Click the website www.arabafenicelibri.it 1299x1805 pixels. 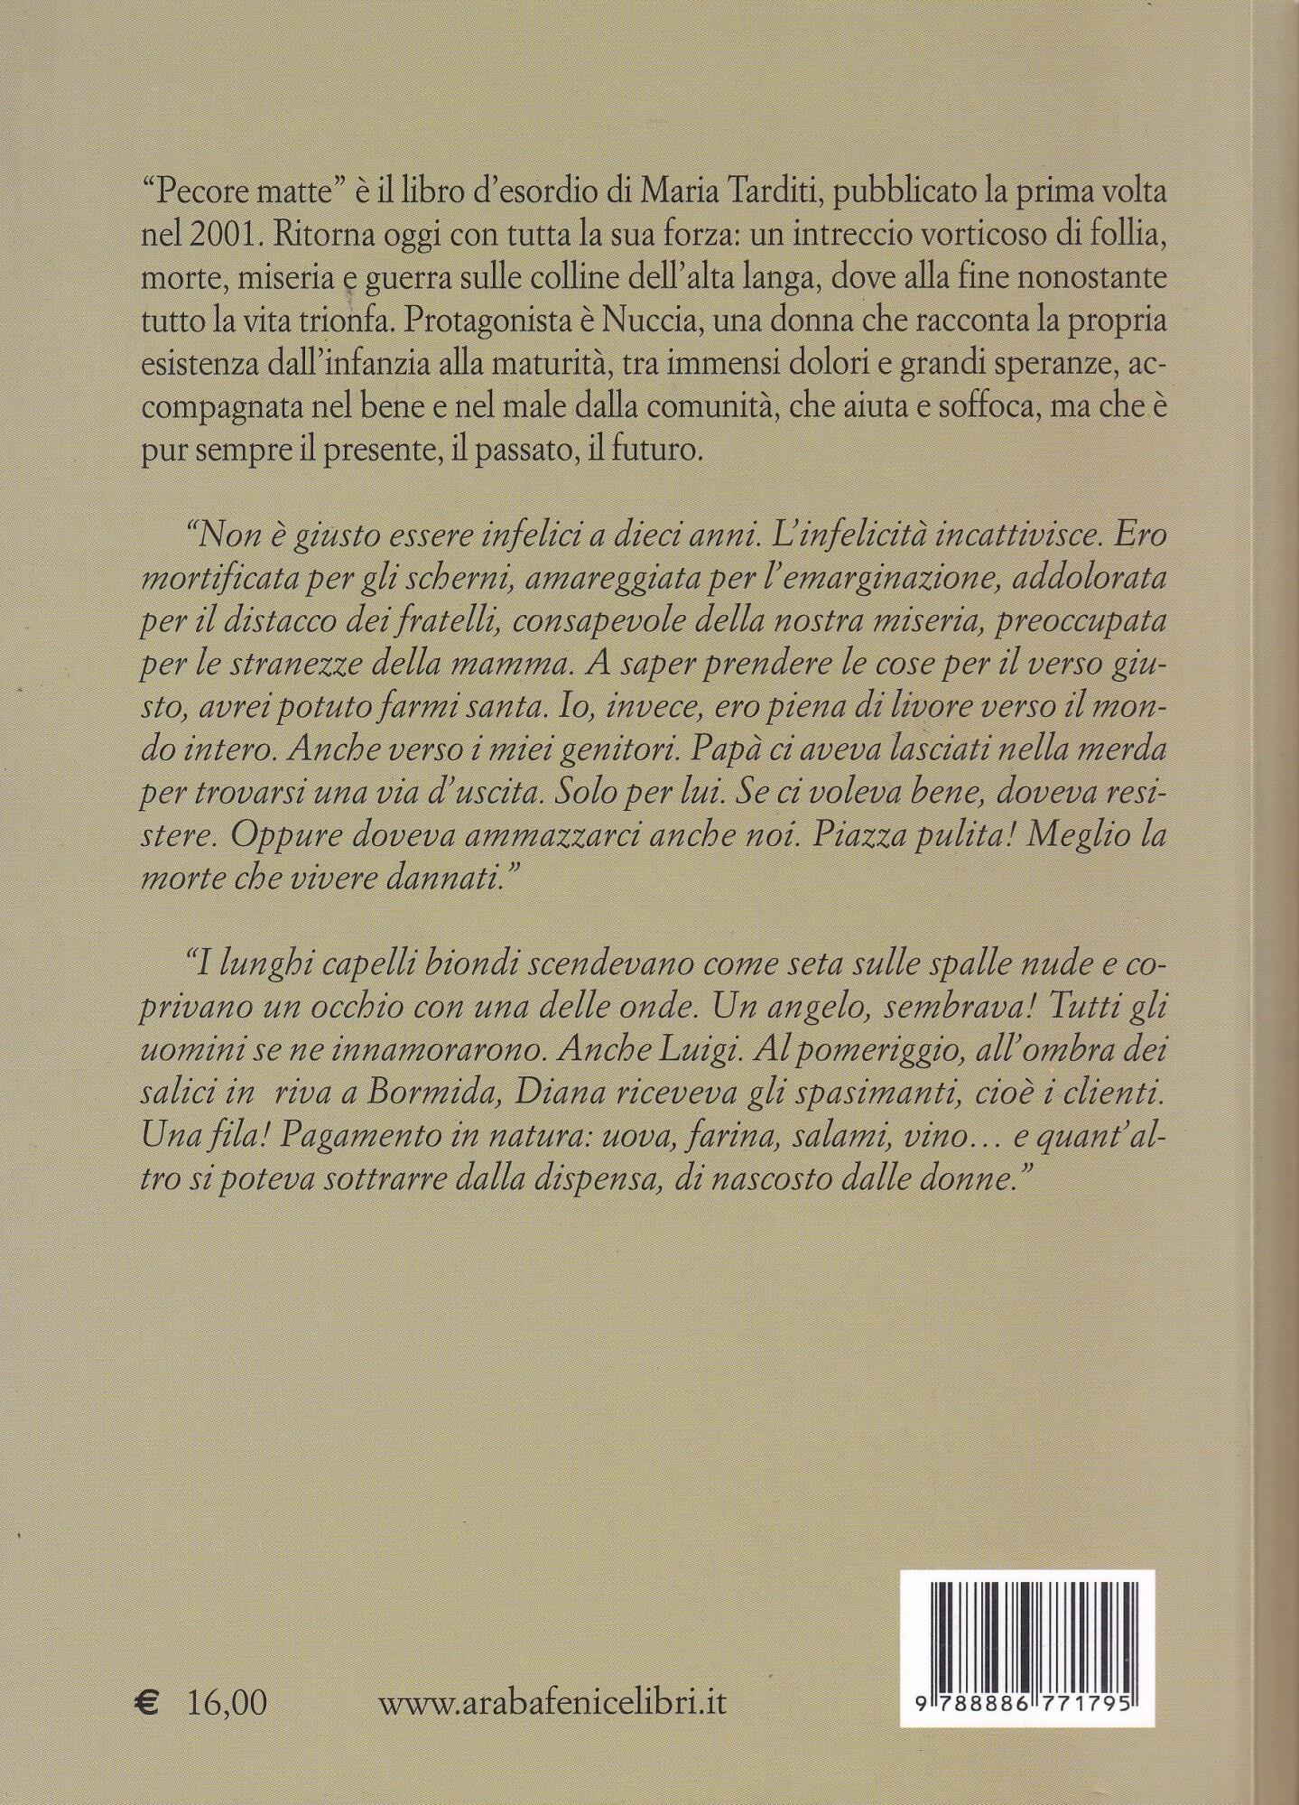click(x=552, y=1703)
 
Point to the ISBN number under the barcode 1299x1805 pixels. click(x=1029, y=1698)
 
